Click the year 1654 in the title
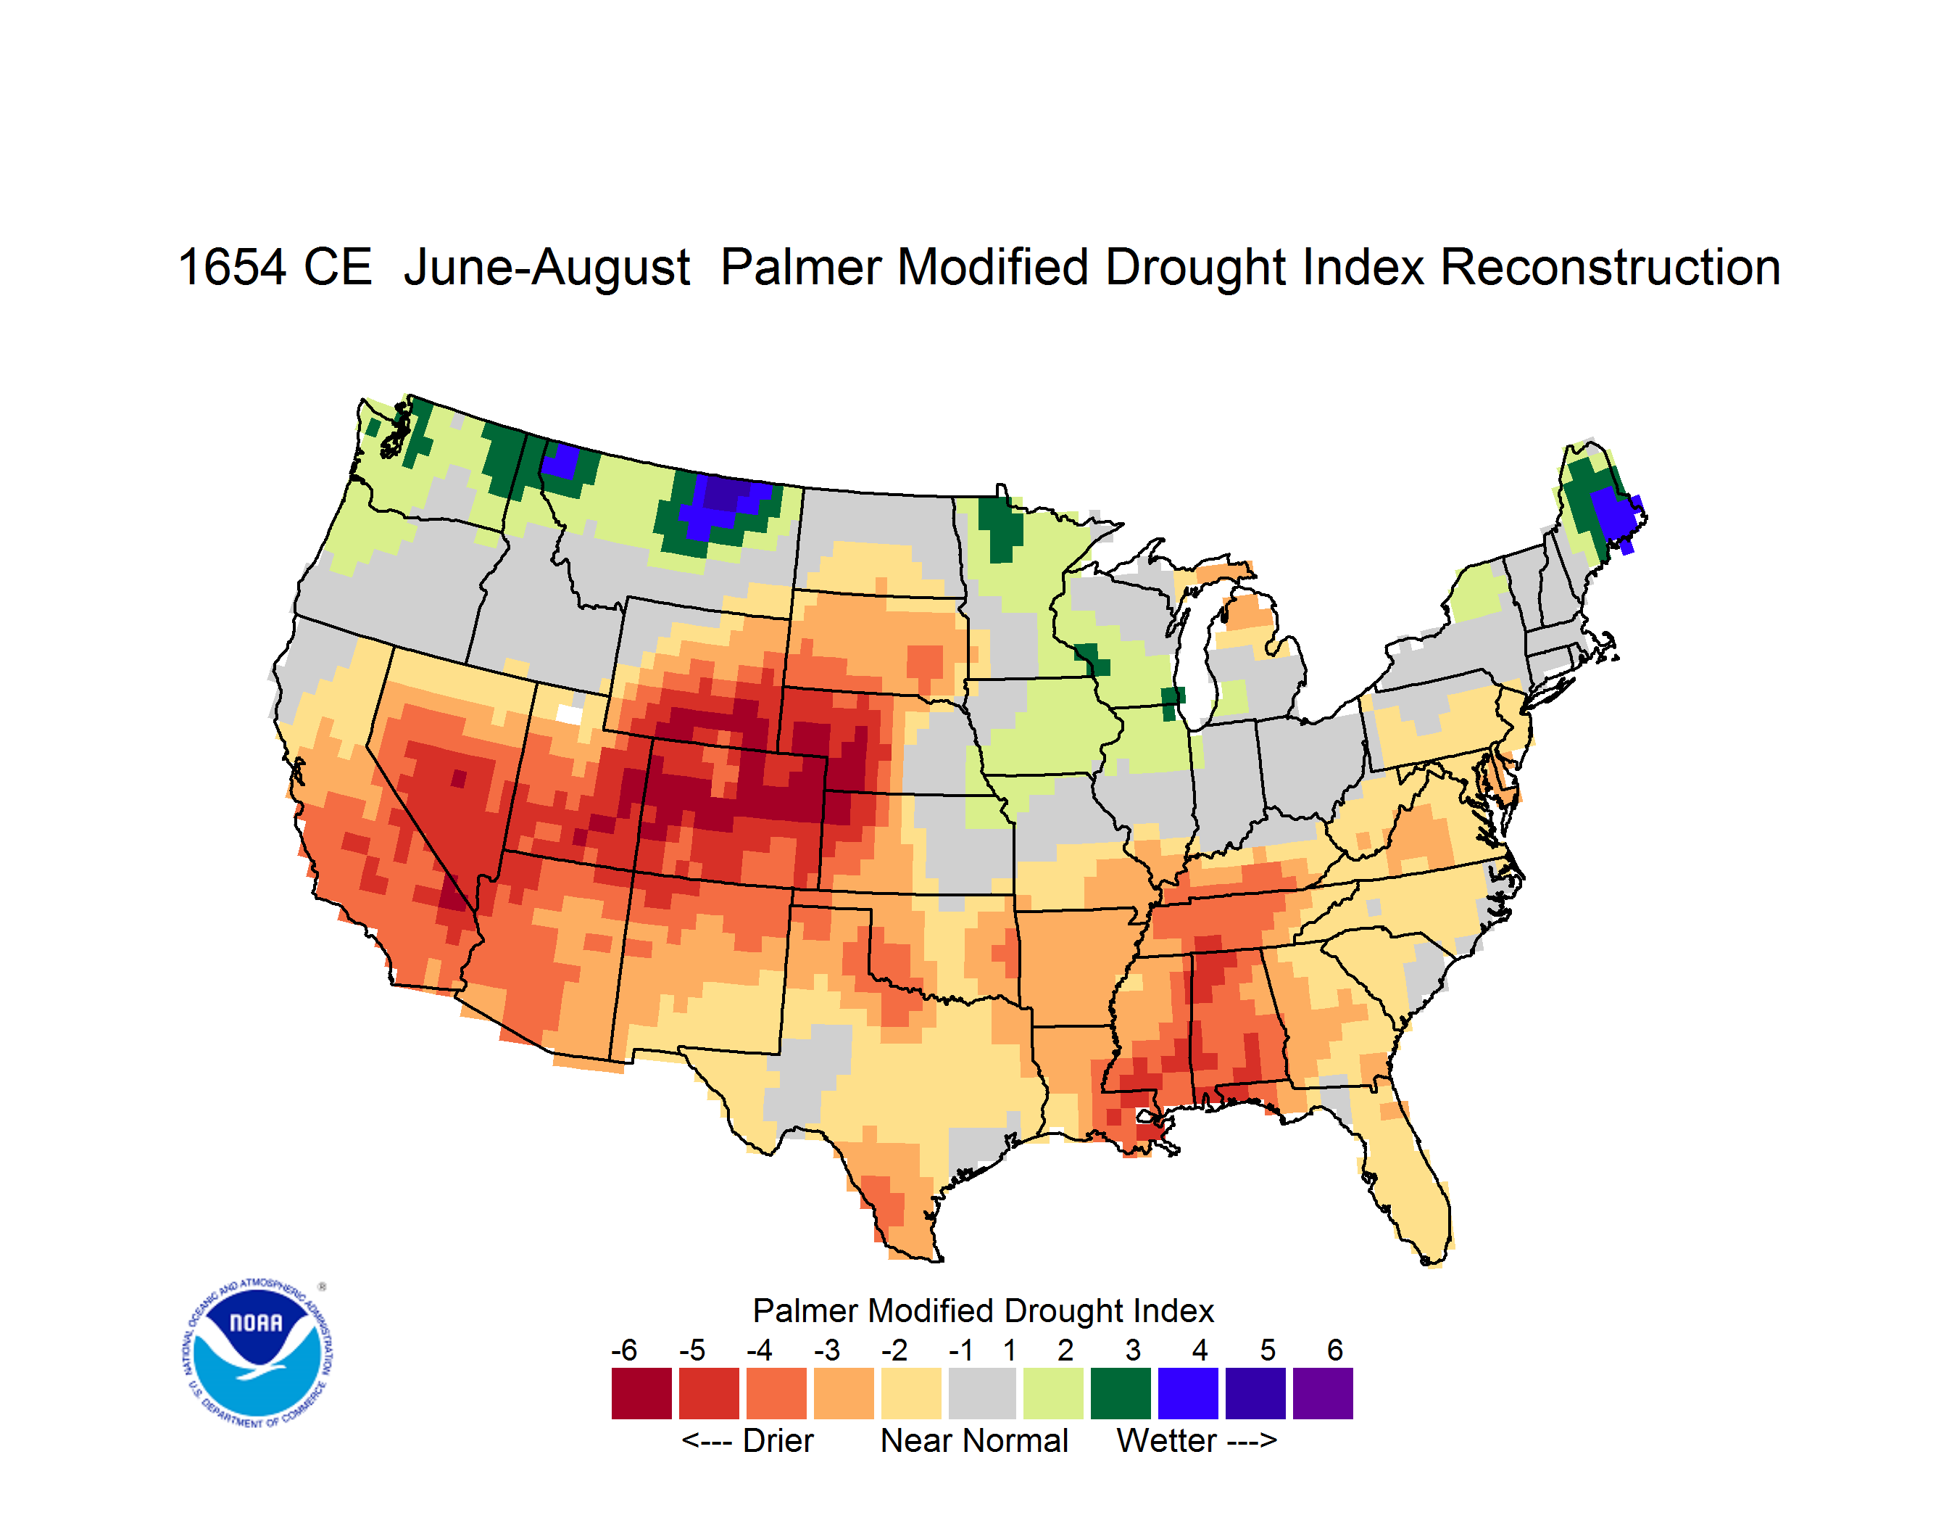point(232,267)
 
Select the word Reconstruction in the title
point(1611,267)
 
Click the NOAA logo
point(257,1353)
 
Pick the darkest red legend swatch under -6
point(641,1393)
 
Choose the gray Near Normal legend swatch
point(982,1393)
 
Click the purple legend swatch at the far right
point(1323,1393)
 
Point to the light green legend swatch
point(1053,1393)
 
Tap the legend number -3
point(827,1350)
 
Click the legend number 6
point(1335,1350)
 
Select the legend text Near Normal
point(975,1440)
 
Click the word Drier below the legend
point(778,1440)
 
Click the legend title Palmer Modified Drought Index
point(983,1311)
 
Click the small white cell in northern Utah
point(569,714)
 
